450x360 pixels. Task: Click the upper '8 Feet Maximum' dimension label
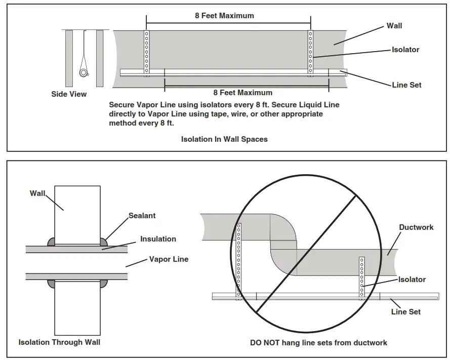click(x=224, y=16)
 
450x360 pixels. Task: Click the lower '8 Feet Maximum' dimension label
click(x=243, y=93)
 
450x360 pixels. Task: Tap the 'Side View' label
click(x=69, y=94)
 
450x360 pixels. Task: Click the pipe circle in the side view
click(x=84, y=72)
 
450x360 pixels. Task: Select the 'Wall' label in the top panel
click(x=394, y=26)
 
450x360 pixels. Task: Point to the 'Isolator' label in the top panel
click(x=405, y=50)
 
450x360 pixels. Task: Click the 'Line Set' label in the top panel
click(x=406, y=85)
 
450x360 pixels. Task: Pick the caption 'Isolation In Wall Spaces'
click(x=224, y=139)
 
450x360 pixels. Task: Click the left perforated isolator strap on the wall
click(x=147, y=53)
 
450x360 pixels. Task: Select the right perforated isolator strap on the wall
click(x=310, y=53)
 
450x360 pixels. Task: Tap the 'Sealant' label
click(x=142, y=216)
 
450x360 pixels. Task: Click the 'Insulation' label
click(x=158, y=239)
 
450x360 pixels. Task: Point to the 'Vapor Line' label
click(x=169, y=259)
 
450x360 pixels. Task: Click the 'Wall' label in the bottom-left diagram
click(x=37, y=193)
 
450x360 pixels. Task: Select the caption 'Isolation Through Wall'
click(x=59, y=342)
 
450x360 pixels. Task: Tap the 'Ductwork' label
click(x=416, y=227)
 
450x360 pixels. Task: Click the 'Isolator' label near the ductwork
click(x=412, y=279)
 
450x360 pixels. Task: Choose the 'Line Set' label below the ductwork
click(x=406, y=312)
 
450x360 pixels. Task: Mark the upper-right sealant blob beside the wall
click(x=104, y=242)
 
